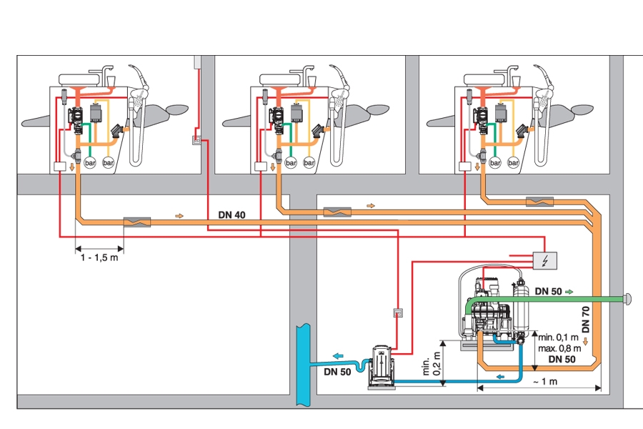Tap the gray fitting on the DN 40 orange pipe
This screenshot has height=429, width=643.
(136, 222)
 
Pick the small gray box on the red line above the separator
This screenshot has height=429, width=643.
(397, 312)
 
